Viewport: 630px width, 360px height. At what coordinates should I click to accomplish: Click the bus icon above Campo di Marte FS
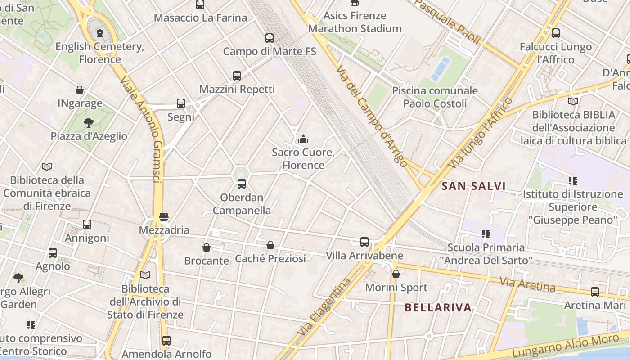[x=270, y=38]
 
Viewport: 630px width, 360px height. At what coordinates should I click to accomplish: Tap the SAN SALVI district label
[x=473, y=186]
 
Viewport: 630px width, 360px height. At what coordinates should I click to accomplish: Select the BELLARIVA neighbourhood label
[x=438, y=308]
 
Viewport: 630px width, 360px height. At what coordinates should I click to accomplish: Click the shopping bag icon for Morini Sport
[x=396, y=274]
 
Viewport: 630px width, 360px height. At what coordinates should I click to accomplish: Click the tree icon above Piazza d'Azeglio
[x=89, y=122]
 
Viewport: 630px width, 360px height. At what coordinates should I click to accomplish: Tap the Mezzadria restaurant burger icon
[x=164, y=217]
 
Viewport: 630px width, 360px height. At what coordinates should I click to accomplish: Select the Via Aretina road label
[x=528, y=284]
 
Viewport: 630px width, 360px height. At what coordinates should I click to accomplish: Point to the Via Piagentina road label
[x=324, y=307]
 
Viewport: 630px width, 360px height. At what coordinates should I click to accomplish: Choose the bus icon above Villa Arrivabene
[x=364, y=242]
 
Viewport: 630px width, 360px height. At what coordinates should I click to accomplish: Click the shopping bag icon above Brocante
[x=207, y=247]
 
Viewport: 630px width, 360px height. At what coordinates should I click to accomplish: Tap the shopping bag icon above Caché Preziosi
[x=270, y=245]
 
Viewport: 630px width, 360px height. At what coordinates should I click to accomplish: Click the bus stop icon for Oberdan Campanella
[x=242, y=184]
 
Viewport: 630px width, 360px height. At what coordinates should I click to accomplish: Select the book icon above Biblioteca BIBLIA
[x=573, y=101]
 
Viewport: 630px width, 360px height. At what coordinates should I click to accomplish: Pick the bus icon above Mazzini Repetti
[x=237, y=76]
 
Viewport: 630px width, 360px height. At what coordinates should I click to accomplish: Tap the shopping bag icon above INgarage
[x=80, y=90]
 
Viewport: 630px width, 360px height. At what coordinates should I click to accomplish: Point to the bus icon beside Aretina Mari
[x=595, y=292]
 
